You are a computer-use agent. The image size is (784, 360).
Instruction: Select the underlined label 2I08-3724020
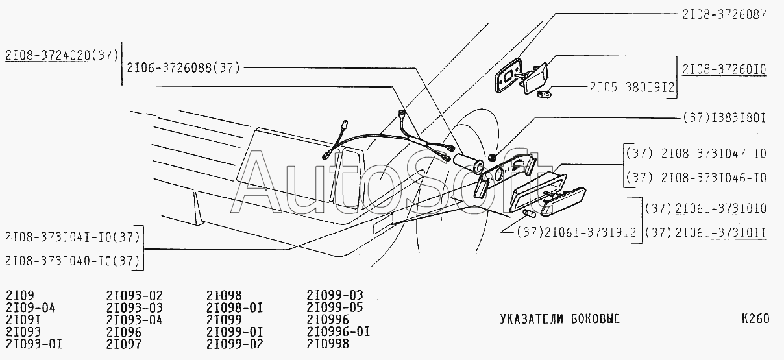tap(47, 55)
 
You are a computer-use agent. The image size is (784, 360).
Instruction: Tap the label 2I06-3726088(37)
tap(184, 67)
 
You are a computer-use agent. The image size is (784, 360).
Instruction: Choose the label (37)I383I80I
tap(724, 119)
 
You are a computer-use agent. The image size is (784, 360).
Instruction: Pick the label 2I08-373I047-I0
tap(713, 154)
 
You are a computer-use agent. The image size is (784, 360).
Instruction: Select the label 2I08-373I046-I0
tap(713, 177)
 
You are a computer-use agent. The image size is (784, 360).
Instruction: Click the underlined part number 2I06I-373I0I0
tap(721, 208)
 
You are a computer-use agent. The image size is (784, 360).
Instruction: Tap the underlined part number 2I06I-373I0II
tap(721, 232)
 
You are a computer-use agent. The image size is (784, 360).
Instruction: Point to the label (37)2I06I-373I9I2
tap(575, 232)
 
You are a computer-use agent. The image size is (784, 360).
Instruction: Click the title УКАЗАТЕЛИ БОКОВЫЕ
tap(559, 319)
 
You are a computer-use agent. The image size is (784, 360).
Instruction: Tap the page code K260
tap(755, 319)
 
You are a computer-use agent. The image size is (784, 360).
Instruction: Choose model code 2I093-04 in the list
tap(134, 320)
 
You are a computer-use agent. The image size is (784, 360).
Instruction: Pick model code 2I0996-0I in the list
tap(338, 331)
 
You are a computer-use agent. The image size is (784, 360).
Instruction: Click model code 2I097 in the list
tap(123, 344)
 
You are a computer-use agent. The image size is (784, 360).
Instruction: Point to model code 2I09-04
tap(31, 307)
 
